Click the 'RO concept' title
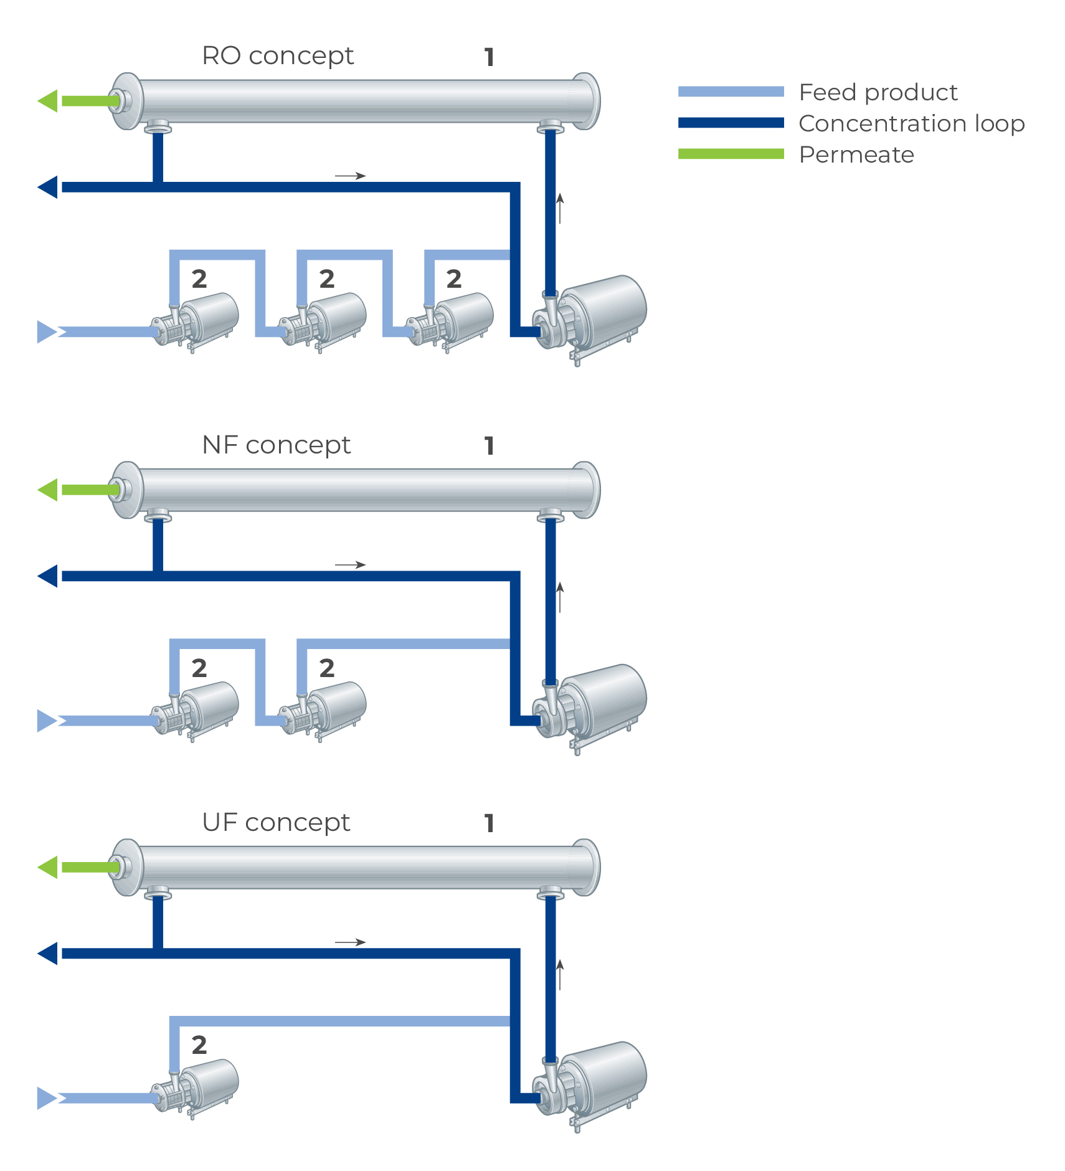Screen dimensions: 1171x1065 [x=278, y=56]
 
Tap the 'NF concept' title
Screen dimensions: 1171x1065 [x=276, y=445]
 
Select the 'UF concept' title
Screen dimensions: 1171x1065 [x=276, y=823]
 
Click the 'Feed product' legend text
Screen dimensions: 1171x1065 [x=878, y=92]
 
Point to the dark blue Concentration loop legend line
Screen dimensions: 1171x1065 [x=731, y=123]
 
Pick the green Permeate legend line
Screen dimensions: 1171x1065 [x=731, y=154]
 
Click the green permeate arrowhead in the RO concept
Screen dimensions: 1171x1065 [x=48, y=101]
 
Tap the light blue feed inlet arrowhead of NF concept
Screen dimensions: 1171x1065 [x=47, y=721]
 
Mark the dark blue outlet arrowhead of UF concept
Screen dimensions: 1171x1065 [x=48, y=954]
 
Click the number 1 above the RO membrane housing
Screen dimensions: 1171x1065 [x=490, y=57]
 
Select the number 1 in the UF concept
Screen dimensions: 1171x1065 [x=490, y=823]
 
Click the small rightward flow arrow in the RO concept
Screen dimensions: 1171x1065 [x=351, y=176]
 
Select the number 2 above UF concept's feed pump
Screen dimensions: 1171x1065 [x=199, y=1045]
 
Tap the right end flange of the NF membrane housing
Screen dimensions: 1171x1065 [x=587, y=490]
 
